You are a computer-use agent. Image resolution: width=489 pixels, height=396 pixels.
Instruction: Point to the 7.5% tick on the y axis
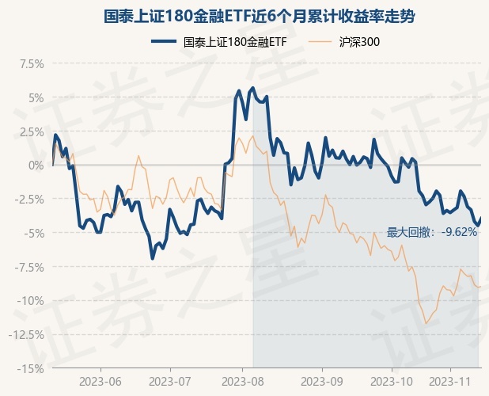coord(29,63)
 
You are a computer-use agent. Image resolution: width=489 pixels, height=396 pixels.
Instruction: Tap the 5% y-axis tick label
coord(35,97)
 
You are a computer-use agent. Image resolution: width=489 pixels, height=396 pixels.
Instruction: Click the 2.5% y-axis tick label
coord(29,131)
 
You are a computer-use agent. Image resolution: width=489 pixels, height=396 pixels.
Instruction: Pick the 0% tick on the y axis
coord(35,165)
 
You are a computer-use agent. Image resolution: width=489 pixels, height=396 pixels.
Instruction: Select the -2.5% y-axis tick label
coord(28,199)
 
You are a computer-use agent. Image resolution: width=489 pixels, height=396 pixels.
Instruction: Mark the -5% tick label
coord(32,233)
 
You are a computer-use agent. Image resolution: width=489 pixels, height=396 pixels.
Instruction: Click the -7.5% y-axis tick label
coord(28,267)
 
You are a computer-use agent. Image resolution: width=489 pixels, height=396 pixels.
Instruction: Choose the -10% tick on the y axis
coord(30,300)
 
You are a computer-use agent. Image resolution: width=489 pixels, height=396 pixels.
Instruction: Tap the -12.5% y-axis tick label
coord(25,334)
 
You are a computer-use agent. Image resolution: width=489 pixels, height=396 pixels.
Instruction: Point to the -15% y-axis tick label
coord(30,368)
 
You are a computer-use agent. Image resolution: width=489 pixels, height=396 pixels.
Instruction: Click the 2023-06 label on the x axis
coord(100,381)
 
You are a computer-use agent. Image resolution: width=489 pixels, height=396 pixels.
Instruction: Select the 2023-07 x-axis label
coord(169,381)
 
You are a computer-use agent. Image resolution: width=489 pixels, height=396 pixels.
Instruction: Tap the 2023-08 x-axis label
coord(244,381)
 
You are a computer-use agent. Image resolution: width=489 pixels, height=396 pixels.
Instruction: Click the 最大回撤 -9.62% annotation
coord(432,232)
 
